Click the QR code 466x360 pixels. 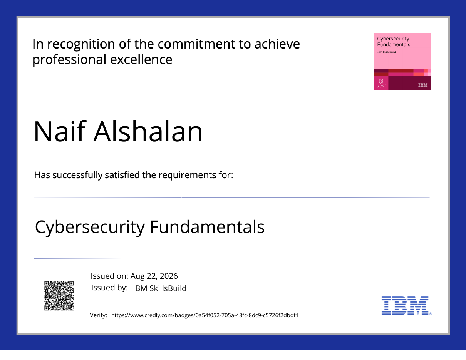point(59,296)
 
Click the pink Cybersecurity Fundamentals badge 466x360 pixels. point(402,62)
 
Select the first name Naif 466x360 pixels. point(60,131)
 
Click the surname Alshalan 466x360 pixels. point(148,131)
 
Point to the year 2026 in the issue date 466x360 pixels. point(169,276)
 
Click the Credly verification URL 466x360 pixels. point(205,315)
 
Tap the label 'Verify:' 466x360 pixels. point(99,315)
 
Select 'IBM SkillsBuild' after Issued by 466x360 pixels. point(159,288)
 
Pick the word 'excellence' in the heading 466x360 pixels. point(141,59)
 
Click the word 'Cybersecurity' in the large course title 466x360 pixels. point(90,227)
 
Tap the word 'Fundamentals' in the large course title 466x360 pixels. point(207,227)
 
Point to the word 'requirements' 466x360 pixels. point(187,176)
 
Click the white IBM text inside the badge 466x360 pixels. point(423,85)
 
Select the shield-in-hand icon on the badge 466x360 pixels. point(381,83)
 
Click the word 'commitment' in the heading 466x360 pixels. point(196,44)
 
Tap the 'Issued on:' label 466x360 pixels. point(109,276)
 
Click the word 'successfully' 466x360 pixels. point(77,176)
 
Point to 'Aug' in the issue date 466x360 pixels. point(137,276)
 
